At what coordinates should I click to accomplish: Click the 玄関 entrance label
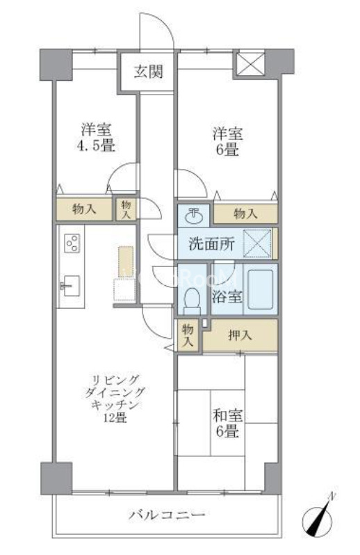pos(148,72)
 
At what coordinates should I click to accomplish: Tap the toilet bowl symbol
pos(192,300)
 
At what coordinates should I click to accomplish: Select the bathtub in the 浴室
pos(261,289)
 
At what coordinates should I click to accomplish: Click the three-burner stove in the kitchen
pos(72,243)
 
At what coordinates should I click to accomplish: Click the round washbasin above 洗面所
pos(194,216)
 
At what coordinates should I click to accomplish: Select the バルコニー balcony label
pos(167,514)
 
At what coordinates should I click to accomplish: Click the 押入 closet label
pos(240,335)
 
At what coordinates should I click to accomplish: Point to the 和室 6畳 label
pos(228,423)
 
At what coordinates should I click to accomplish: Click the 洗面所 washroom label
pos(211,243)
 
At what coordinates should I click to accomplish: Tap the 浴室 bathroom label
pos(227,296)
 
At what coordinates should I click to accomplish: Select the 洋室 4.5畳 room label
pos(96,137)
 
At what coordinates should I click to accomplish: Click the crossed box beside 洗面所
pos(257,243)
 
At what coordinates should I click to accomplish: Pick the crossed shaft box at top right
pos(250,64)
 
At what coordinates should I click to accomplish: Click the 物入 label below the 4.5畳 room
pos(84,209)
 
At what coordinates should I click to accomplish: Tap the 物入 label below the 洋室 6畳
pos(245,214)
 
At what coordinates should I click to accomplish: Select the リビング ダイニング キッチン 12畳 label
pos(115,399)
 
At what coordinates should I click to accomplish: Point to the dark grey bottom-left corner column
pos(56,478)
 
